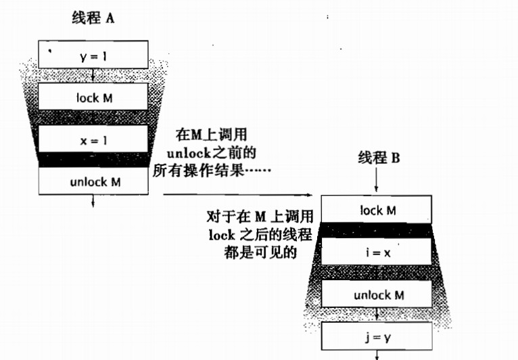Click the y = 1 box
[93, 55]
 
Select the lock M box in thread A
[93, 97]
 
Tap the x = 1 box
[93, 140]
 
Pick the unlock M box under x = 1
[93, 181]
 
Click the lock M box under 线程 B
[377, 210]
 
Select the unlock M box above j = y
[377, 294]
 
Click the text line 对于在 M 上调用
[259, 217]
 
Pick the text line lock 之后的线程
[260, 234]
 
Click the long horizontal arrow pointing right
[237, 195]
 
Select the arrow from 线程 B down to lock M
[377, 181]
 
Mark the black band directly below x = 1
[93, 161]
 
